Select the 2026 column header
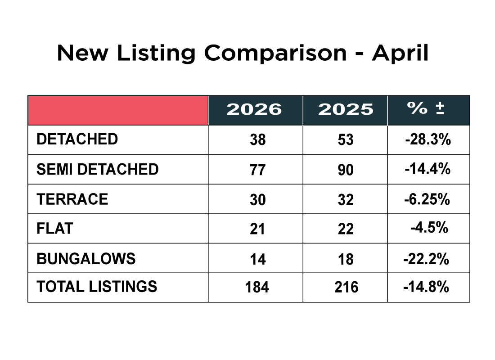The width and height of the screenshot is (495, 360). [x=254, y=109]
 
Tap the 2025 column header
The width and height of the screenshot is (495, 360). [x=346, y=109]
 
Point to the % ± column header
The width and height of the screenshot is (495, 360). [x=426, y=109]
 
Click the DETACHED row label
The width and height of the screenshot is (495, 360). [x=77, y=139]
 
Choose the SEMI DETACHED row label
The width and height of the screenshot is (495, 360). [x=98, y=169]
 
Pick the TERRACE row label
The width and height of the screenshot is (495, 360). [x=72, y=199]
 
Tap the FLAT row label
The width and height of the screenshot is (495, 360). [x=55, y=229]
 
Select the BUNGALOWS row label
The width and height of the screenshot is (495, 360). [x=86, y=259]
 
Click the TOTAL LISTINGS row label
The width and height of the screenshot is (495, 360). [x=97, y=287]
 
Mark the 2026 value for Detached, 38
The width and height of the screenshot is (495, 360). [x=258, y=140]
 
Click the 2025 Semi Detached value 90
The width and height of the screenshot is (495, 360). [x=346, y=170]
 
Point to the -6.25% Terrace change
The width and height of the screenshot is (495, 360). [x=427, y=199]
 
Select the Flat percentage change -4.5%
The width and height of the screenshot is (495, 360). [x=429, y=228]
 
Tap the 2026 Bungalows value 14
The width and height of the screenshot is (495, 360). [x=258, y=259]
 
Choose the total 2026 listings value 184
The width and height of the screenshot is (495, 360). [x=257, y=287]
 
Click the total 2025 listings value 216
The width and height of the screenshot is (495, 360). [x=346, y=287]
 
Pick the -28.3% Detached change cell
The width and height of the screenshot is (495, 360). [x=428, y=139]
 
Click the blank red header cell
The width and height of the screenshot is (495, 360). [x=118, y=110]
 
